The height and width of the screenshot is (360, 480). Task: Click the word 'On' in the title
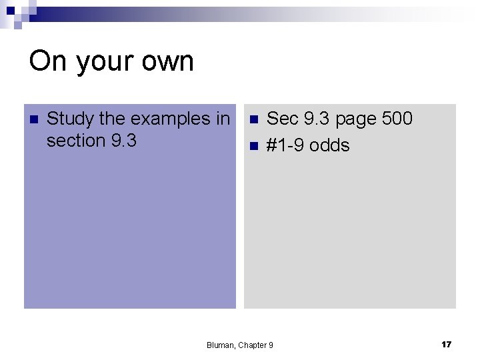coord(47,61)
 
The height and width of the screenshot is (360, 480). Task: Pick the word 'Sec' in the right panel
coord(283,119)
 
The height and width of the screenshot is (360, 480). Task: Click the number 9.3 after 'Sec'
coord(317,119)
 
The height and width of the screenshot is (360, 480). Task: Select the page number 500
coord(397,119)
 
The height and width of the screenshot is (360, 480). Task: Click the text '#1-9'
coord(285,145)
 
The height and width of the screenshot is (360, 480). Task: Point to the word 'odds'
coord(329,145)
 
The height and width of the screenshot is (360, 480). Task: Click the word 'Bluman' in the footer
coord(220,345)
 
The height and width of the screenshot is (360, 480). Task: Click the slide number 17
coord(446,344)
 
